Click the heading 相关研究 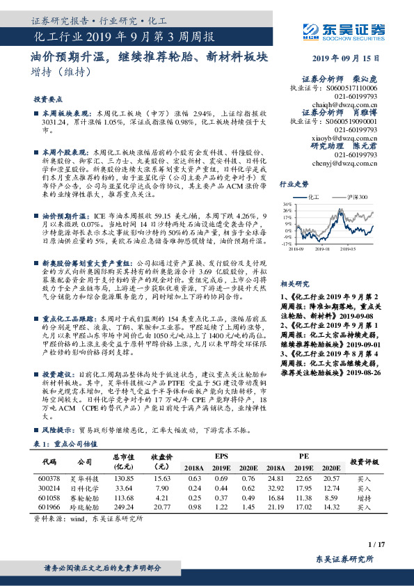pyautogui.click(x=294, y=265)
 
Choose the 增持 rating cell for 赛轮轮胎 pyautogui.click(x=365, y=498)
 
